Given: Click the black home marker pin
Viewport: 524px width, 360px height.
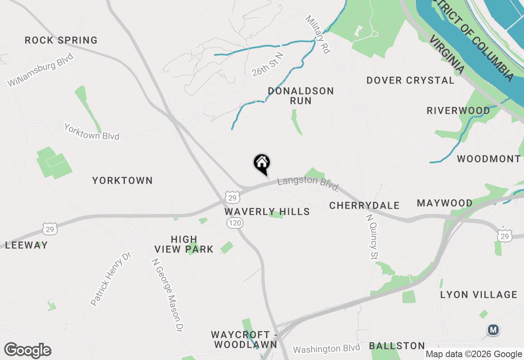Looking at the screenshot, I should pos(262,164).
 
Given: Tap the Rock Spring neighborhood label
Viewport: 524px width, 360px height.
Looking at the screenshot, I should pos(61,40).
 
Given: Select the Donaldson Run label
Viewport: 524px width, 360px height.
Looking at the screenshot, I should pos(301,96).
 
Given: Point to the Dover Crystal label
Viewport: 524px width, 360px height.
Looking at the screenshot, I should pos(410,80).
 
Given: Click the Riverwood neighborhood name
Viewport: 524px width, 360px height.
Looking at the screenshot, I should pos(458,110).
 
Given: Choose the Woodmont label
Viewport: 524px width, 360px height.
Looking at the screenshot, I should pos(489,159).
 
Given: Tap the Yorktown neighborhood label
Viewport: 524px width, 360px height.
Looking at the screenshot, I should pos(122,180).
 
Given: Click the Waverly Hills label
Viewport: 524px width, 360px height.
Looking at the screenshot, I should pos(267,211).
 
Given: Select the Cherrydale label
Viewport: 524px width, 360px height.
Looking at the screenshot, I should pos(364,205).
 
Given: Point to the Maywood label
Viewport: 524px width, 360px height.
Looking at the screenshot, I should pos(445,203).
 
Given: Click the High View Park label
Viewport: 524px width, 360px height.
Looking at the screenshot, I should pos(184,244).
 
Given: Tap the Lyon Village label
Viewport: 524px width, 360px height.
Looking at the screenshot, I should pos(479,295).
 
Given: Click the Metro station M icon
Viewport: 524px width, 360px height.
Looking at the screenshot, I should pos(493,330).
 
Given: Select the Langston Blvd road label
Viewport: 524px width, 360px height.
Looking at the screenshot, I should pos(308,184).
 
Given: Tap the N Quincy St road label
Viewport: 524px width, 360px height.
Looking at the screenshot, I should pos(372,237).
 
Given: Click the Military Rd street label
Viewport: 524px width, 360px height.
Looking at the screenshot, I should pos(318,35).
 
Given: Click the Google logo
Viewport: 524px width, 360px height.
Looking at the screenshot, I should pos(27,351).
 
